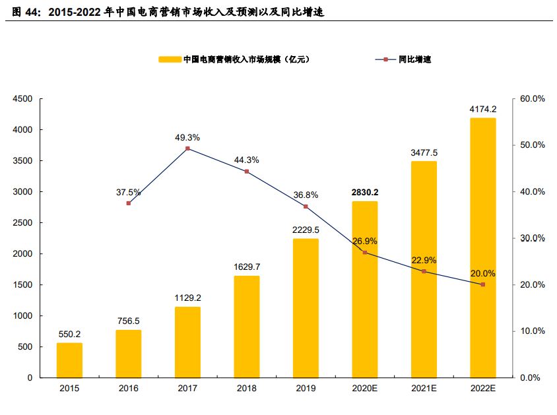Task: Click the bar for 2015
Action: point(69,360)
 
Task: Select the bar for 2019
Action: point(306,308)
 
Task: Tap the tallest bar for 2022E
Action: point(482,247)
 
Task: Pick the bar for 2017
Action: point(187,342)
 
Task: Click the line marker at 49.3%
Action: point(187,148)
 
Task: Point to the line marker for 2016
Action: point(129,203)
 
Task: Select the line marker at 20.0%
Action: point(482,284)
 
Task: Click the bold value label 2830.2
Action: point(364,193)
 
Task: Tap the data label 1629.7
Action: point(246,267)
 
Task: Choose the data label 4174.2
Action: point(482,109)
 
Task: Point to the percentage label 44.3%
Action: point(246,160)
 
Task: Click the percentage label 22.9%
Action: point(424,260)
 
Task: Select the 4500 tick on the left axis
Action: point(23,99)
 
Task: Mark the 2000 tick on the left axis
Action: point(23,254)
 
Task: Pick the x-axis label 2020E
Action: point(364,389)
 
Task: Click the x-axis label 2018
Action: point(246,389)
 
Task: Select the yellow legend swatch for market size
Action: point(170,59)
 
